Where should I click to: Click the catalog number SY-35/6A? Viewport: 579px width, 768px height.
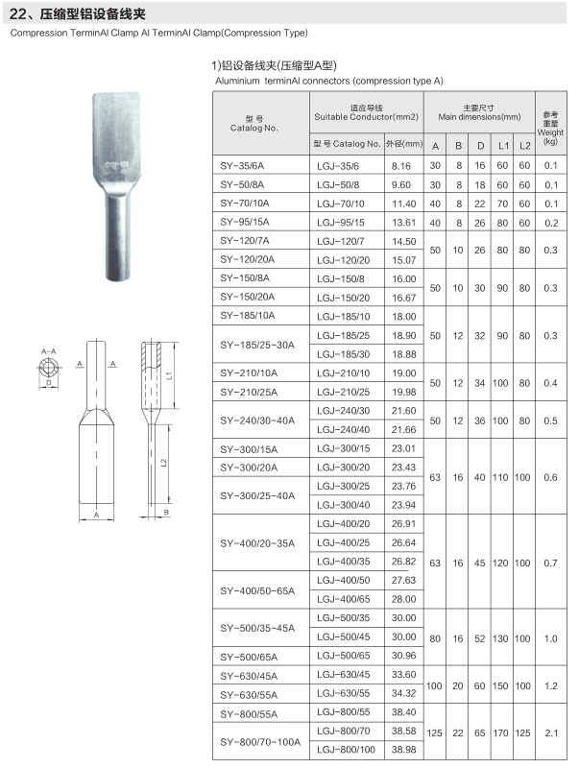pos(241,166)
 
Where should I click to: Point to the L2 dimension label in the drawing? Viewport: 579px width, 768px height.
pos(163,463)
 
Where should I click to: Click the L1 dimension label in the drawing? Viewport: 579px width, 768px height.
pos(169,374)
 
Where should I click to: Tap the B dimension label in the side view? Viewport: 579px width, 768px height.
pos(166,513)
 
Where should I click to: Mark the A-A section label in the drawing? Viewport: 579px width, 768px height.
pos(48,352)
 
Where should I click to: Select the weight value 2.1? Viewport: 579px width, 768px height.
pos(550,732)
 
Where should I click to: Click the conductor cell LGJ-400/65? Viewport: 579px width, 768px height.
pos(342,599)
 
